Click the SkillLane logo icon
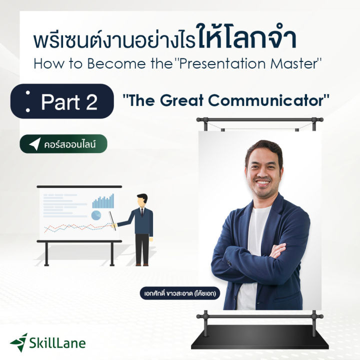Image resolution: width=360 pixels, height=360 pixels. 19,342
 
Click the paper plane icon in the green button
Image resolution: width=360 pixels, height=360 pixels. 34,144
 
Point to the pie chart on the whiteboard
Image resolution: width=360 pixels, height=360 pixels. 96,215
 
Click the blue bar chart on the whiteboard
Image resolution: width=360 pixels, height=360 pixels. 103,201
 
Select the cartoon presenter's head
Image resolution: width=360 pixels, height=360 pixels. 142,198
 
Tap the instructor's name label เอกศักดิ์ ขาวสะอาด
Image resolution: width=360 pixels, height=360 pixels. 180,293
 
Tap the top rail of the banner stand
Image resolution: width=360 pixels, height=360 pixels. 259,120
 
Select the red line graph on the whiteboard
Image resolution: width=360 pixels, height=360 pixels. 75,227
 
